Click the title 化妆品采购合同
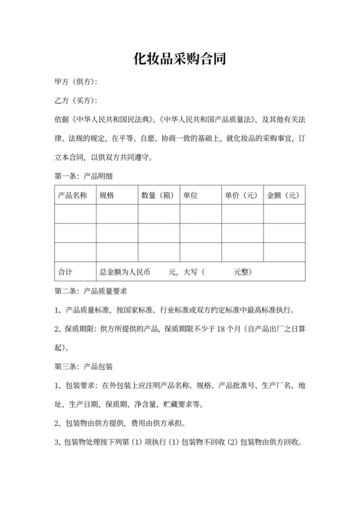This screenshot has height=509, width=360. point(179,60)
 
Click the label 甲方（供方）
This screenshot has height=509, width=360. point(76,83)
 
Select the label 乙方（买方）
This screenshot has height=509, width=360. point(76,101)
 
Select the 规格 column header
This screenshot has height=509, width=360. point(106,195)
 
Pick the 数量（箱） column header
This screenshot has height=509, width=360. point(157,195)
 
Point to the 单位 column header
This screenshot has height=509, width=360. point(190,195)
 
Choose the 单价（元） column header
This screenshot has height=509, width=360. point(240,195)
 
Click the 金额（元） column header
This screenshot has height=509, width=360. point(283,195)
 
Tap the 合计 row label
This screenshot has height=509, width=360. point(65,272)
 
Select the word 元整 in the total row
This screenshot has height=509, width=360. point(242,272)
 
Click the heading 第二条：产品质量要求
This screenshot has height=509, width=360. point(94,291)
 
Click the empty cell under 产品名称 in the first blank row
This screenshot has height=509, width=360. point(75,214)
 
